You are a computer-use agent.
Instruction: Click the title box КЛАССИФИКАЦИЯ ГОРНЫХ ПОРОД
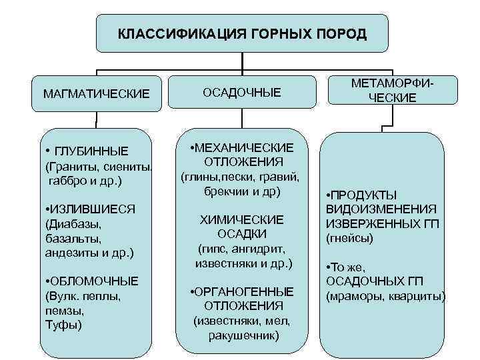tap(241, 33)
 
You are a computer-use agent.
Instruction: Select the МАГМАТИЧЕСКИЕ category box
tap(96, 93)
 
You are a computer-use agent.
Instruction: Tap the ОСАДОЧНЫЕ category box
tap(243, 91)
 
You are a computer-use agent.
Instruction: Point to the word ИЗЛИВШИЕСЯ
tap(93, 209)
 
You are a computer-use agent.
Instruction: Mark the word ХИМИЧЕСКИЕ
tap(243, 219)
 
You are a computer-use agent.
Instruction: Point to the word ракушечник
tap(243, 335)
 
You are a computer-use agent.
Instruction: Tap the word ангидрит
tap(262, 249)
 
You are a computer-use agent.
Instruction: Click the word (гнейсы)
tap(349, 238)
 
